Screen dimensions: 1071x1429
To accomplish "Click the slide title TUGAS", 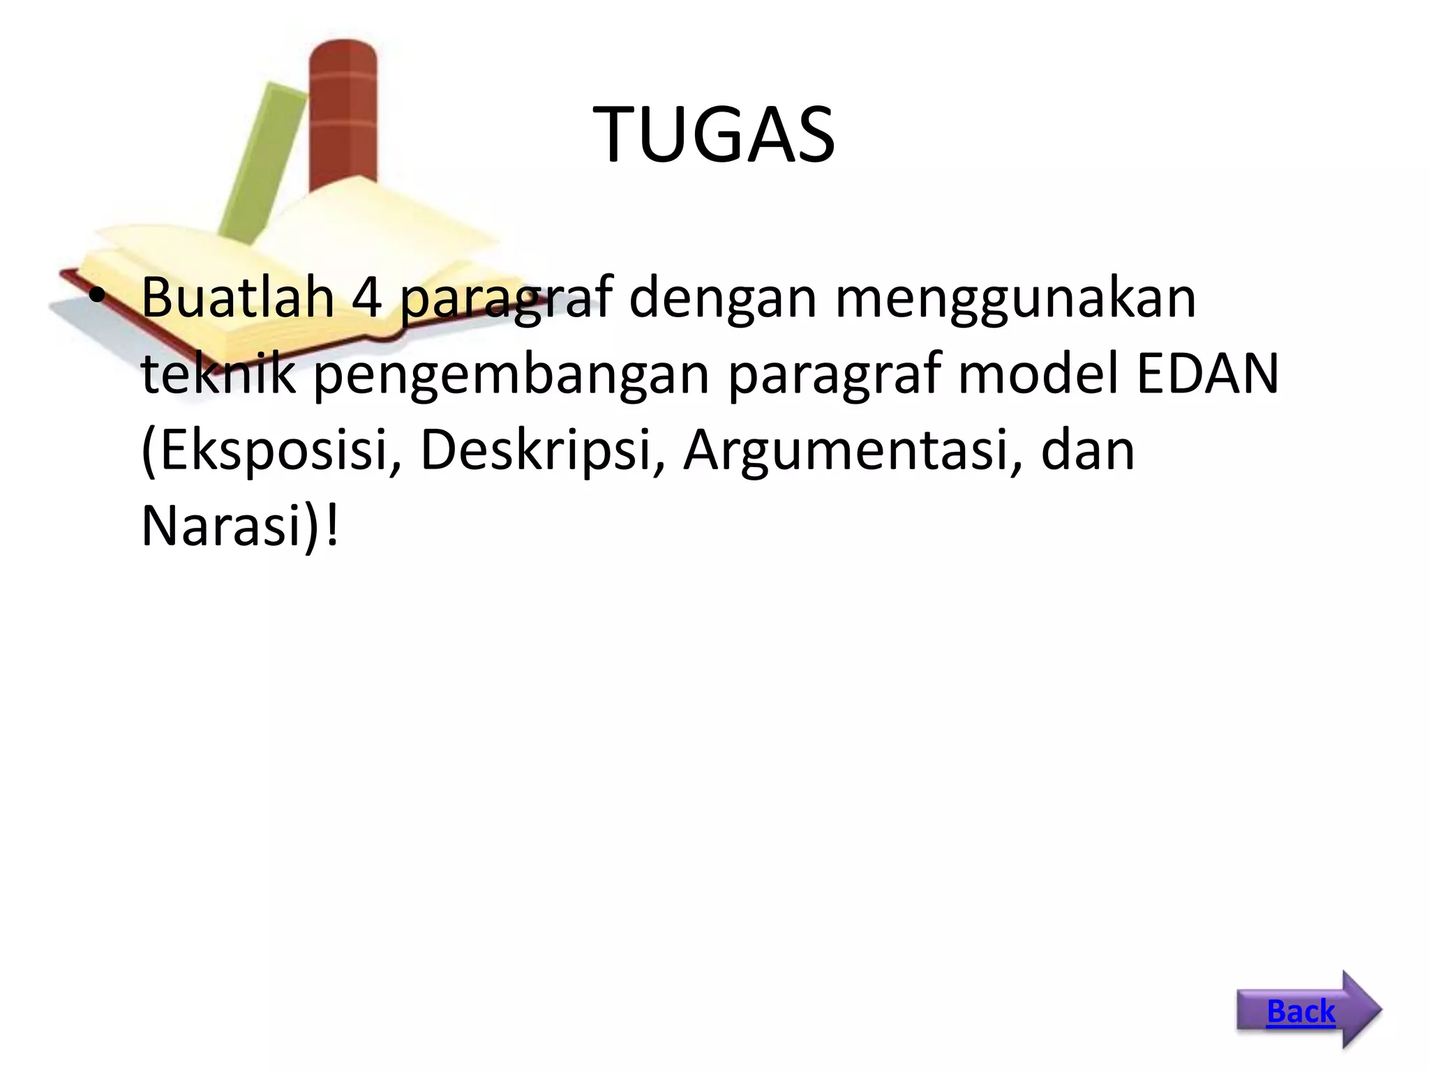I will (714, 135).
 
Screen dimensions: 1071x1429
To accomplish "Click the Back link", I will (1301, 1011).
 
